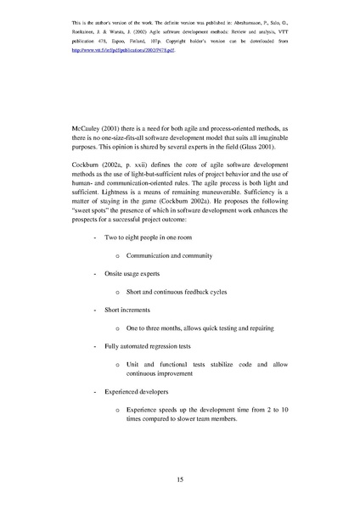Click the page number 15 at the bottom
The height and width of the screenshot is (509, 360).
(x=180, y=480)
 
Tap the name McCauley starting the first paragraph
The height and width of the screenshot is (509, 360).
(x=89, y=128)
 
